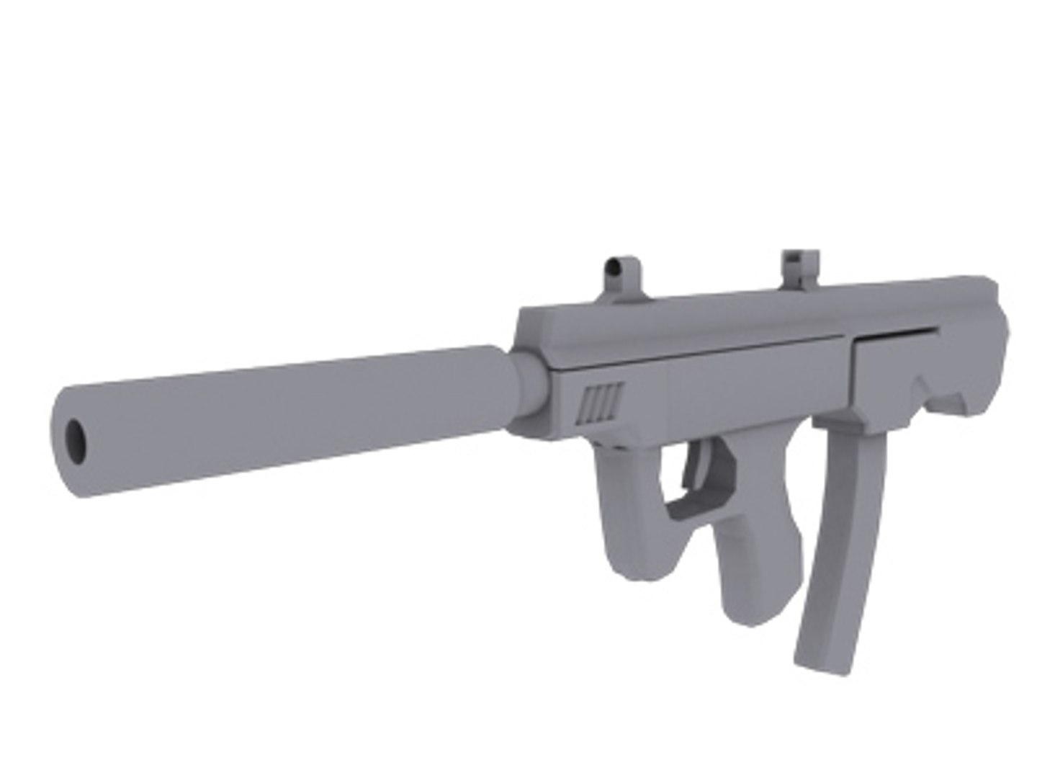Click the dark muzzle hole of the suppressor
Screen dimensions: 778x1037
[76, 440]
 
